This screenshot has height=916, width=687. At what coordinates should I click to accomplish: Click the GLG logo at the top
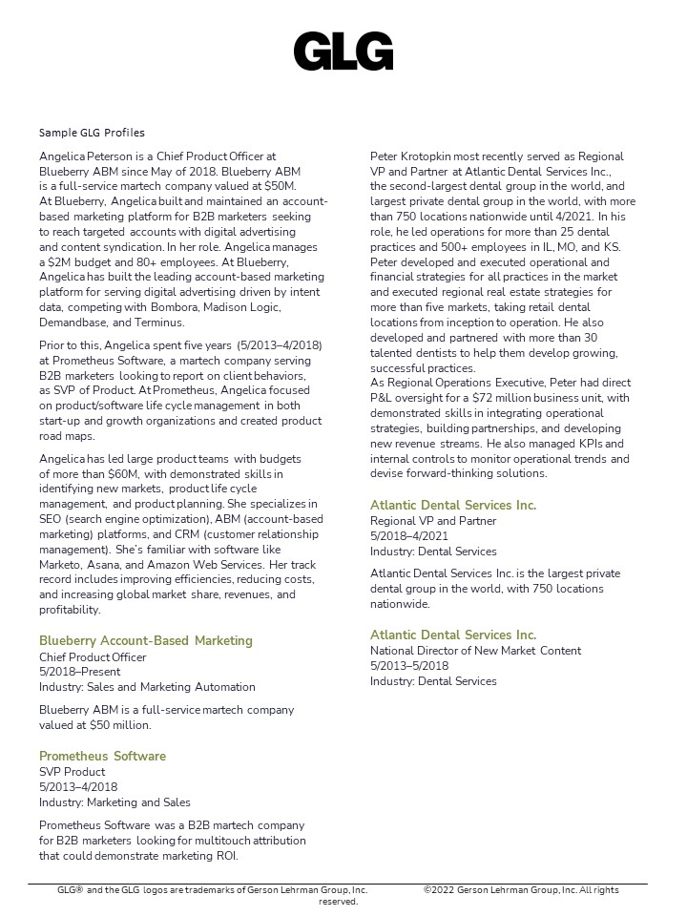(x=343, y=52)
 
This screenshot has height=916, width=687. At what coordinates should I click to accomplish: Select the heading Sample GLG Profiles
(x=92, y=133)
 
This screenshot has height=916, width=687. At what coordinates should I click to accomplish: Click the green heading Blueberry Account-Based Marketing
(x=146, y=641)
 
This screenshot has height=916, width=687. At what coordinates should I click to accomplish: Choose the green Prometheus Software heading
(x=102, y=757)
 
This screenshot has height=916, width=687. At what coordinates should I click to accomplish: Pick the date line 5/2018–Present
(x=80, y=672)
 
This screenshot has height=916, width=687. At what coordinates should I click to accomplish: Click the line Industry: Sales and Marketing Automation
(x=147, y=687)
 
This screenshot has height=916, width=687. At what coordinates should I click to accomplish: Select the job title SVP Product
(x=72, y=772)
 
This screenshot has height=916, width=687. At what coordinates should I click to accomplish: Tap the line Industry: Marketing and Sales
(x=114, y=802)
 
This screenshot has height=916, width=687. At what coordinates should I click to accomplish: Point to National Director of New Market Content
(x=476, y=651)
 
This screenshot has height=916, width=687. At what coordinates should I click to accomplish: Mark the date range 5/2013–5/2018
(x=409, y=666)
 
